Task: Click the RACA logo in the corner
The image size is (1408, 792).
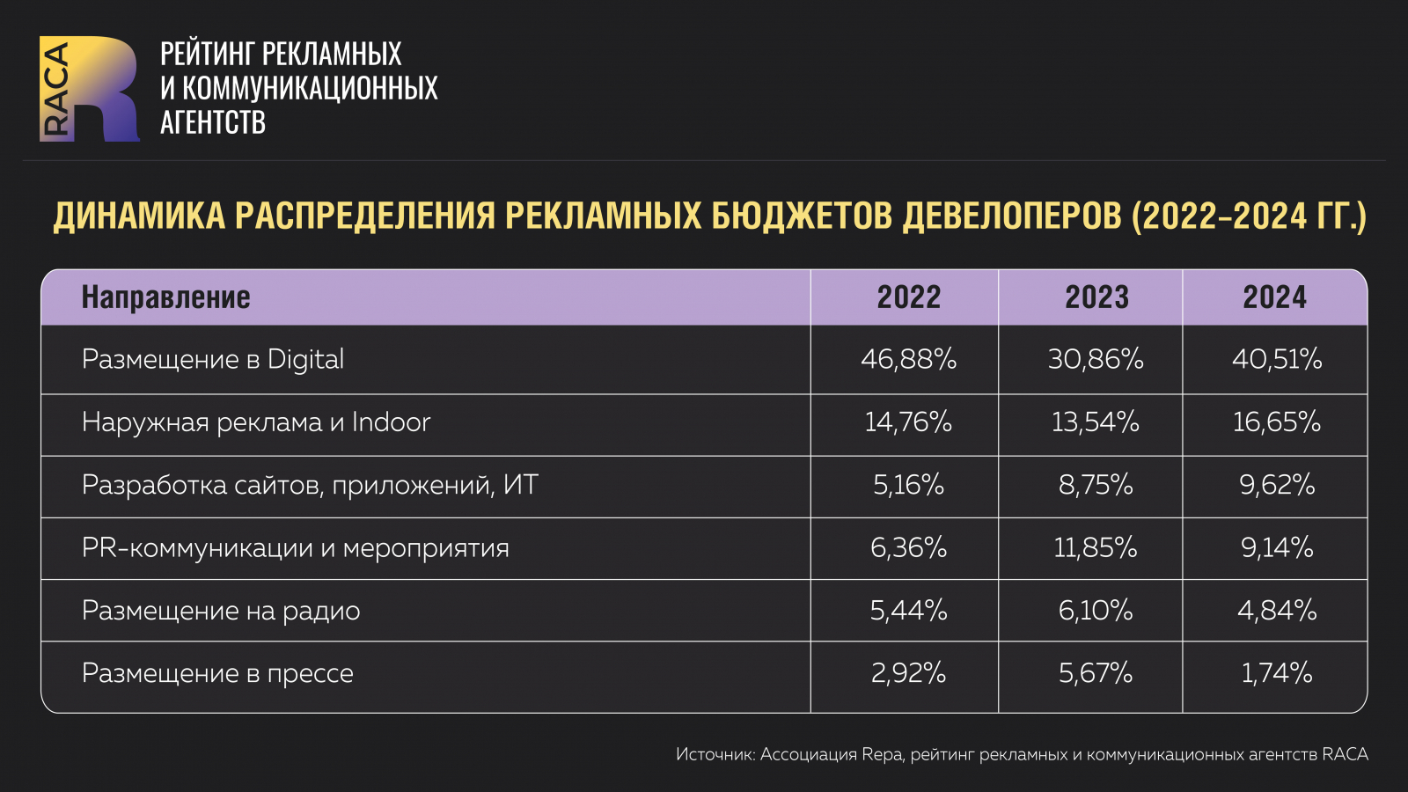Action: click(x=89, y=89)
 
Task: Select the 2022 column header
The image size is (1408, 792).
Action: click(x=908, y=297)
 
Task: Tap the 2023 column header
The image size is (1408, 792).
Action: click(x=1096, y=297)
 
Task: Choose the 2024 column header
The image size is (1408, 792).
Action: click(x=1274, y=297)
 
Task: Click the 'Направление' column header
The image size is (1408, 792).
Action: click(x=165, y=297)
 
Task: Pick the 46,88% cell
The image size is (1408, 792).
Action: click(x=908, y=359)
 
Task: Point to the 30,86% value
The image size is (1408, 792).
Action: click(x=1096, y=359)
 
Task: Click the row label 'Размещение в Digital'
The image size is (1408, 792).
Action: click(x=213, y=359)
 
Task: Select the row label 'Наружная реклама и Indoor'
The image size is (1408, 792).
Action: click(x=256, y=422)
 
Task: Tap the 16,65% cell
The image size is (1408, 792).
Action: click(x=1276, y=422)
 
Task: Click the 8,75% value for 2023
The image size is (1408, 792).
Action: click(x=1096, y=485)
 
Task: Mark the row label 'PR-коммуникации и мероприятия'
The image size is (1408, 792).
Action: click(x=296, y=548)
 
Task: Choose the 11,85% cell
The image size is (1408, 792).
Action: click(x=1096, y=548)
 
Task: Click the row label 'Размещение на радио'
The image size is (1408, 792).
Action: click(x=221, y=611)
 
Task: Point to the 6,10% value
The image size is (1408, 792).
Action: click(x=1096, y=611)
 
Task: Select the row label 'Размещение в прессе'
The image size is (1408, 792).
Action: click(x=217, y=673)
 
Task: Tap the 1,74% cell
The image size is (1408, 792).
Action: click(x=1276, y=673)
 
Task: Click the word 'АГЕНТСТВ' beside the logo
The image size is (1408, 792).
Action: click(x=213, y=122)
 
